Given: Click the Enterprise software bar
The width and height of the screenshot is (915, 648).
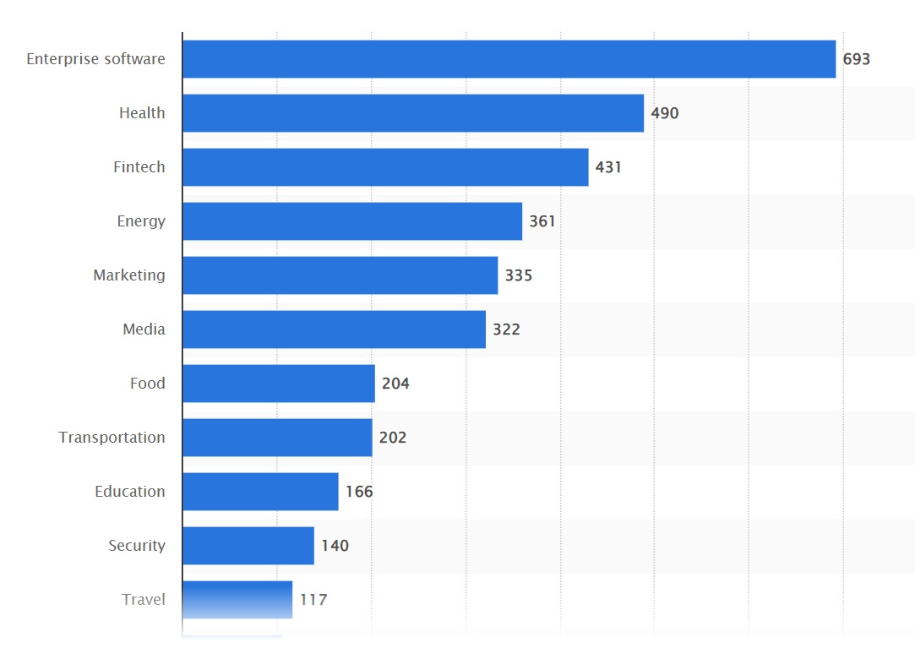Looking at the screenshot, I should (x=509, y=59).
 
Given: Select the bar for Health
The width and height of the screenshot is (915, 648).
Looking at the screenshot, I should (x=413, y=113).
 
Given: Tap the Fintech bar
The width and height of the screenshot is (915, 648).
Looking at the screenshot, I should (x=385, y=167).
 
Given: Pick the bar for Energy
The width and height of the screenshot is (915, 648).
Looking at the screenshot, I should (x=352, y=221).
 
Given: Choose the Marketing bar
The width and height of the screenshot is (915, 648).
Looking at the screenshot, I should (x=340, y=275).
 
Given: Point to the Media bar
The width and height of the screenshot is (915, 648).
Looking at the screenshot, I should (x=334, y=329).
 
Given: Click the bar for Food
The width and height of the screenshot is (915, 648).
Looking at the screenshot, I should (x=279, y=384).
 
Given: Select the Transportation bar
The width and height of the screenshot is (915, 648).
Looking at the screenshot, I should (x=277, y=438).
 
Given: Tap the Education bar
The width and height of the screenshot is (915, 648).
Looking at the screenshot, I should (x=260, y=492).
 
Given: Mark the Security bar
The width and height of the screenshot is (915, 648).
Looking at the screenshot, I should (x=248, y=546).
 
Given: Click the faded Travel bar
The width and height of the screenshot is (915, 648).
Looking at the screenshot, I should (x=237, y=599).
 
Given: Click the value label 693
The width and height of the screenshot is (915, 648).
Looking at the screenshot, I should (x=856, y=59).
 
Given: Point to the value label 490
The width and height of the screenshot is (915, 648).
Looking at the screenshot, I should (x=665, y=113).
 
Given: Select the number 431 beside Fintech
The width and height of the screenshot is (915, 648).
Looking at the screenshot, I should (x=608, y=167).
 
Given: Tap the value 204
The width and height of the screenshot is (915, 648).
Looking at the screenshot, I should (x=395, y=384).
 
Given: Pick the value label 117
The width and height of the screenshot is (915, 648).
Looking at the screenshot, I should (x=313, y=600).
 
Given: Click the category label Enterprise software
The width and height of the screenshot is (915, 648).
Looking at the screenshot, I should (x=95, y=59).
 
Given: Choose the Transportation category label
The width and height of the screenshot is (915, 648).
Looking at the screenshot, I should (x=112, y=438).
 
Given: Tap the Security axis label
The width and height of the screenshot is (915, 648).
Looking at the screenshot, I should (x=137, y=546).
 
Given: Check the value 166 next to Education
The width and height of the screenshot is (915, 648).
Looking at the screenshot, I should (x=359, y=492).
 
